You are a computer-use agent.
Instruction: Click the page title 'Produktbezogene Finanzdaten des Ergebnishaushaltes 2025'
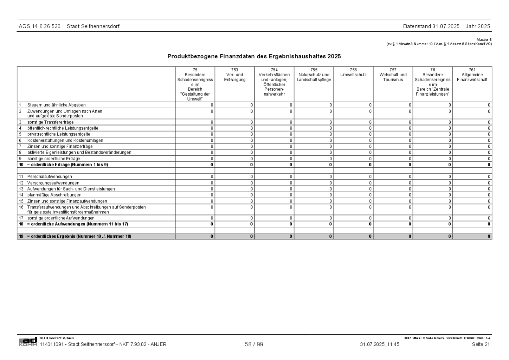tap(254, 56)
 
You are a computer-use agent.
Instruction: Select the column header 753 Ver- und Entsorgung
tap(234, 75)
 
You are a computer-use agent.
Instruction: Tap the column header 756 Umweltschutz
tap(353, 72)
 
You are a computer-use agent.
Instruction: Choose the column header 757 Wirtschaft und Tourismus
tap(393, 75)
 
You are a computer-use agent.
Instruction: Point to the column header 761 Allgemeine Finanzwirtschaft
tap(472, 75)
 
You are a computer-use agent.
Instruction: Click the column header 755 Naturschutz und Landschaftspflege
tap(314, 75)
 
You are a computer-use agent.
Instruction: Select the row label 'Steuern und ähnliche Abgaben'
tap(56, 105)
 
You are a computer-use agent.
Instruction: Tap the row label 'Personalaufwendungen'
tap(50, 176)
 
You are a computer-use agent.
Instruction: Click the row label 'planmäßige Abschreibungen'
tap(54, 195)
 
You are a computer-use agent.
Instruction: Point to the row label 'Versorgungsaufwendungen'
tap(53, 183)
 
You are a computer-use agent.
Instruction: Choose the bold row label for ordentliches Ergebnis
tap(79, 236)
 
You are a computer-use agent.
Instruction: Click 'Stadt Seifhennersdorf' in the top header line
tap(93, 26)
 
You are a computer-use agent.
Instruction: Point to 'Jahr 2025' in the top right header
tap(478, 26)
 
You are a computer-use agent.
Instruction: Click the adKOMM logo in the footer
tap(28, 342)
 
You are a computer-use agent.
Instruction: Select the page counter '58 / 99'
tap(254, 345)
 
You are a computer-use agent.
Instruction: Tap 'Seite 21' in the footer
tap(481, 345)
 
